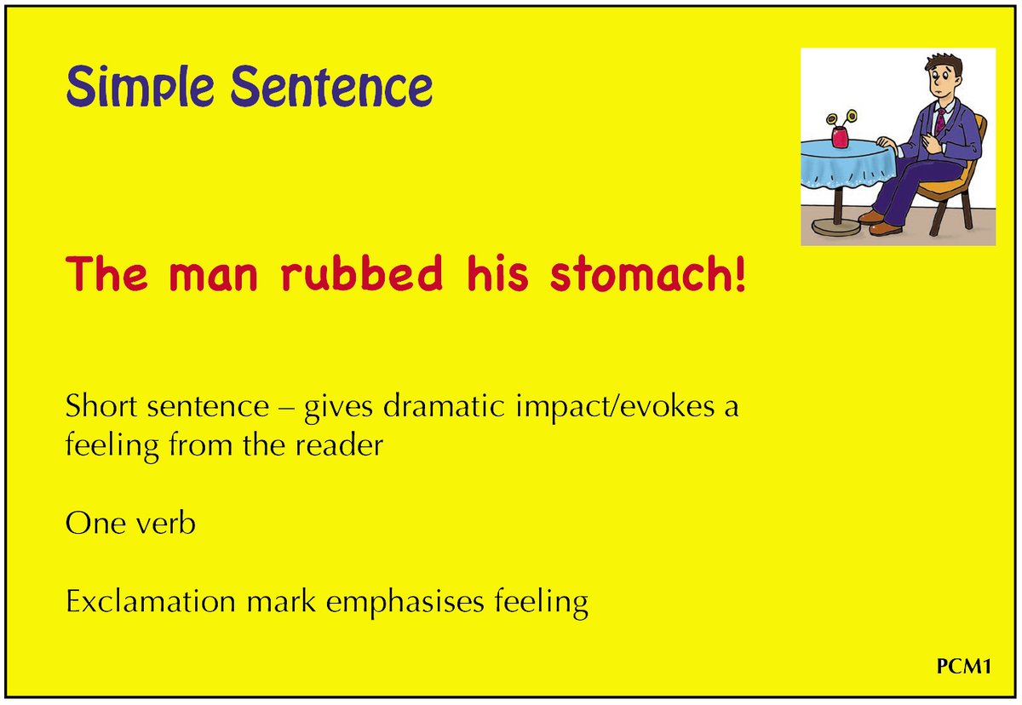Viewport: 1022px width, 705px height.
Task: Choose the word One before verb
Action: click(x=88, y=523)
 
